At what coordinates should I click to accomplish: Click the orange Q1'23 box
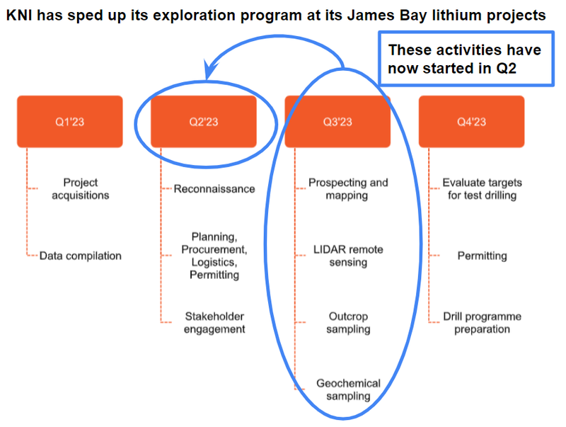69,121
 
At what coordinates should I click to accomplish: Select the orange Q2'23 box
204,121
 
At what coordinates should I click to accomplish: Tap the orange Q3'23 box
337,121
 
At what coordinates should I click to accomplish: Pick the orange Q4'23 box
471,121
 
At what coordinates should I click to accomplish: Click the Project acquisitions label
81,188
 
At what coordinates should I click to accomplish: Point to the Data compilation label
81,256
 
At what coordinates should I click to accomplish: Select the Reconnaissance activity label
214,188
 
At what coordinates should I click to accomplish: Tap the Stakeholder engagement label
214,323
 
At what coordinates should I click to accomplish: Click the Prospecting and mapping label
348,188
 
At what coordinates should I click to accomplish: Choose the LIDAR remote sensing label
348,256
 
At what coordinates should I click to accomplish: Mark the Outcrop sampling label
348,323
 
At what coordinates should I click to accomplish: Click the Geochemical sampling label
348,389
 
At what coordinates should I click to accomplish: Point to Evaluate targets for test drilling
483,188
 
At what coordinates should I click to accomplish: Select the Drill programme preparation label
483,323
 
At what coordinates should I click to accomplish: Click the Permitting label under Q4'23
483,256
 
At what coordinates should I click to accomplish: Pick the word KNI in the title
20,15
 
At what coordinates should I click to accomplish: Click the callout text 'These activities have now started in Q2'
465,59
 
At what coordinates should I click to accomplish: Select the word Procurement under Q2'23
214,250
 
